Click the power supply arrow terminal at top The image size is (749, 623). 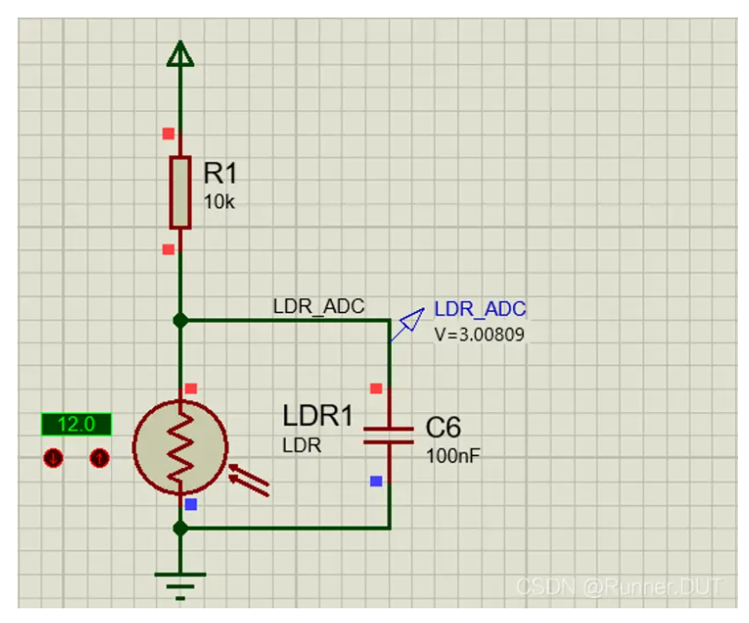(x=180, y=53)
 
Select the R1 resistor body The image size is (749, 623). (x=180, y=192)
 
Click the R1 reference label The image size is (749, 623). (x=220, y=172)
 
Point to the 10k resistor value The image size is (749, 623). (x=219, y=202)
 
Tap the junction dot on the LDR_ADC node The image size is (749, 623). (x=180, y=320)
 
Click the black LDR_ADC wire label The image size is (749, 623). (x=319, y=306)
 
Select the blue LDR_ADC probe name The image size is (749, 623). (x=480, y=309)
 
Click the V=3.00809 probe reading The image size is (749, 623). (x=479, y=335)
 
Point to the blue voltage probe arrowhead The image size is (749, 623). (x=412, y=320)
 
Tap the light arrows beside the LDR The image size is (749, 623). (x=249, y=480)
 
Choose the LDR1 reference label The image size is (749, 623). (x=318, y=416)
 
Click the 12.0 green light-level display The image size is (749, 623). (x=76, y=425)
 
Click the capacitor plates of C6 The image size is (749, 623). (x=389, y=436)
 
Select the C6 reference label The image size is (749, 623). (x=443, y=428)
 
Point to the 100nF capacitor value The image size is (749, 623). (x=453, y=456)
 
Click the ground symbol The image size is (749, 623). (x=180, y=585)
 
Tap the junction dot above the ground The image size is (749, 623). (x=180, y=528)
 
